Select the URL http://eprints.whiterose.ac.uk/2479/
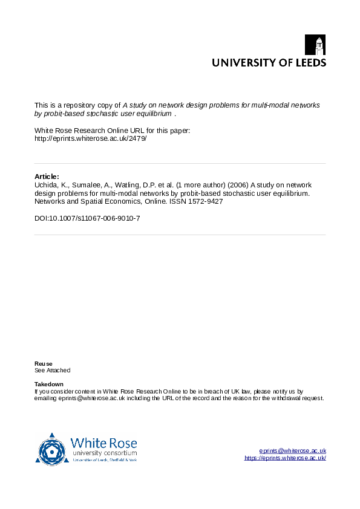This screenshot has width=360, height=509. [x=91, y=138]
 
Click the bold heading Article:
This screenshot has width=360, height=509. [x=47, y=177]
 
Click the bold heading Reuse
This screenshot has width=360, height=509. [x=43, y=363]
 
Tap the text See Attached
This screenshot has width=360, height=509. [x=52, y=370]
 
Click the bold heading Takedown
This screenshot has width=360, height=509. [x=49, y=384]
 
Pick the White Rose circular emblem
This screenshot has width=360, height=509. [x=52, y=449]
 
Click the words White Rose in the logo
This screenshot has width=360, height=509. [x=103, y=443]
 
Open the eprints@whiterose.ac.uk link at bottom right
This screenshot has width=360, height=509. [x=293, y=451]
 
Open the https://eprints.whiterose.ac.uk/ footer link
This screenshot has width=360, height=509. [x=285, y=458]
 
